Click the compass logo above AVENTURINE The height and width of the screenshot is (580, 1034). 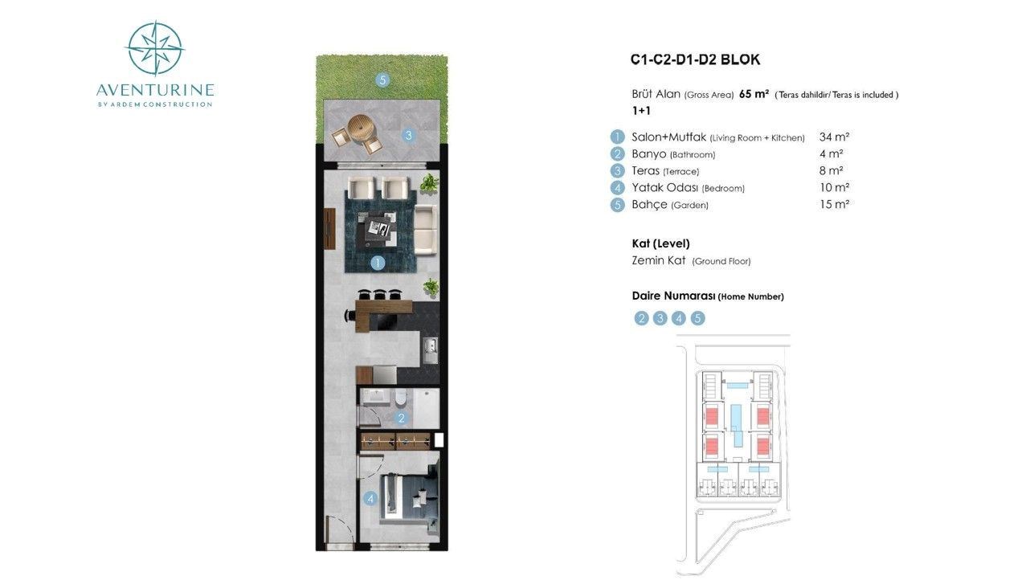tap(156, 48)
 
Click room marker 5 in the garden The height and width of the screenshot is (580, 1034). tap(382, 80)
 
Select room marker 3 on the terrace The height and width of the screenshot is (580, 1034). tap(408, 135)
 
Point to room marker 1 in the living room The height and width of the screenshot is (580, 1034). tap(378, 263)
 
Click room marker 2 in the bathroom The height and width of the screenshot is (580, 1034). tap(401, 419)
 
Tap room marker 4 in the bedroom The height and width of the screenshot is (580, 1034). tap(370, 498)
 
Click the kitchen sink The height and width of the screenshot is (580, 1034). tap(430, 351)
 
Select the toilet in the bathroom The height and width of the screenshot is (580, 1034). tap(400, 398)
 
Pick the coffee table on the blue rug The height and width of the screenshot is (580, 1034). tap(378, 228)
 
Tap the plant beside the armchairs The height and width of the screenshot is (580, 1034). tap(430, 183)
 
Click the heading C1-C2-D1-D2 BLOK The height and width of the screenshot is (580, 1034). tap(695, 59)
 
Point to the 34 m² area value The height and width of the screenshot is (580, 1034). tap(834, 137)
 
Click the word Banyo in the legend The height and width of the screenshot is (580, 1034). tap(648, 153)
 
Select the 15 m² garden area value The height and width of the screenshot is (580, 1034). tap(834, 204)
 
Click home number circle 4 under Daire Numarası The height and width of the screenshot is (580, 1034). tap(679, 318)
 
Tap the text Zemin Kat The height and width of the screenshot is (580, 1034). tap(659, 261)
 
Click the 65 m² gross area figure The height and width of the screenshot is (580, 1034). tap(754, 94)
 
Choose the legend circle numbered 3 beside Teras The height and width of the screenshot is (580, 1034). tap(617, 171)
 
